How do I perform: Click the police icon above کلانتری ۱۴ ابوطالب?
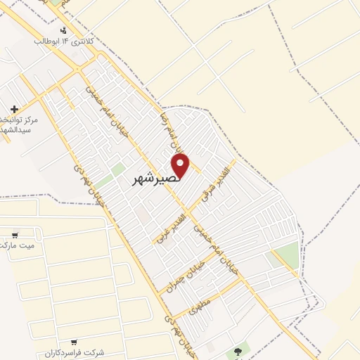(65, 30)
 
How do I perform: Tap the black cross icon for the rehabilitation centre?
(15, 109)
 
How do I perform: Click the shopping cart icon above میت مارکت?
(15, 235)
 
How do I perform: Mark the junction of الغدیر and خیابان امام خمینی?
(191, 212)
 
